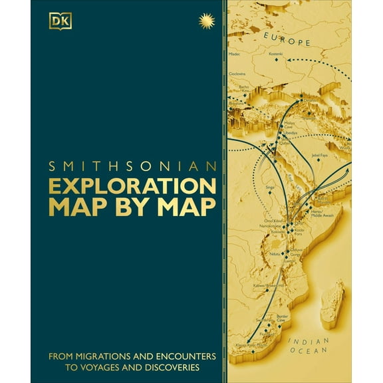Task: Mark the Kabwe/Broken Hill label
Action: (x=266, y=285)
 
